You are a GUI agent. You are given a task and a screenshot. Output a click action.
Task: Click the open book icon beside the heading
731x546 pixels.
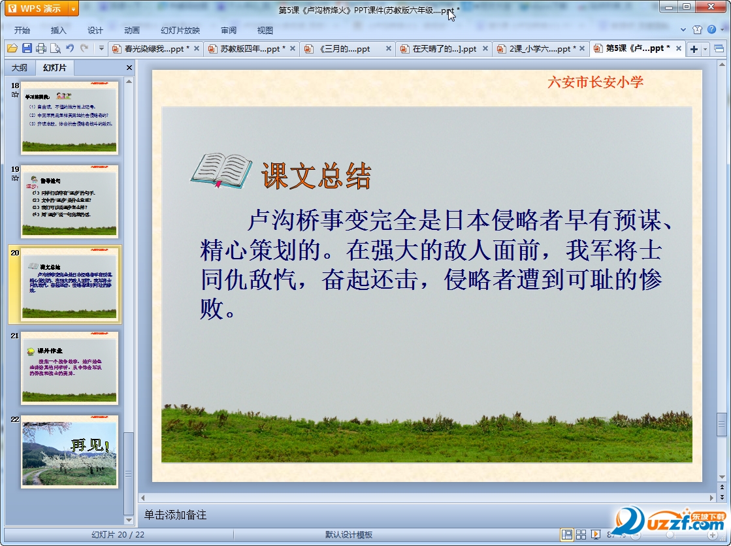221,171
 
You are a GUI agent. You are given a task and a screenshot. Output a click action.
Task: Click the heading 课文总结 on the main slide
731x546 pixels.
316,176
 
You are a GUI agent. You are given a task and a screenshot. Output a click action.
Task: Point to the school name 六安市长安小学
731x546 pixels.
595,82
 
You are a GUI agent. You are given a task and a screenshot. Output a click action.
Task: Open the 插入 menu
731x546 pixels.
59,30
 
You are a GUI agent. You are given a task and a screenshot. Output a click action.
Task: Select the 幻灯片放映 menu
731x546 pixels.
180,30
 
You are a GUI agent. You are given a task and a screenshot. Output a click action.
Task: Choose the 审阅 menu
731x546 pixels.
229,30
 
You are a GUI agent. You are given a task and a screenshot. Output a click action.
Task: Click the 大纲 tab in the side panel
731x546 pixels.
20,67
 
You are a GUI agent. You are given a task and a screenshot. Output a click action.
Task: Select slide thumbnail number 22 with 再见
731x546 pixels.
69,452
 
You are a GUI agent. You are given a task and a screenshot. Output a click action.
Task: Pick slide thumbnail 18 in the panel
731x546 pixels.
69,118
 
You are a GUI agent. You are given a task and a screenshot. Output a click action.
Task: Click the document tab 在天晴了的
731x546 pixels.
444,49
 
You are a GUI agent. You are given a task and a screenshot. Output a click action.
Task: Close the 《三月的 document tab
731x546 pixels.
389,49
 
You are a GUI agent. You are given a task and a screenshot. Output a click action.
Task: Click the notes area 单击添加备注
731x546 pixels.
176,515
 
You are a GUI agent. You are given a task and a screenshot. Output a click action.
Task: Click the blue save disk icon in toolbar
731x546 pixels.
27,48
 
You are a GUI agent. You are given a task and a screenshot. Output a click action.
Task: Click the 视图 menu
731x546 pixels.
265,30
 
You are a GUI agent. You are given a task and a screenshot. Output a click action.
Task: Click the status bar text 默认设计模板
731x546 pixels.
349,535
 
